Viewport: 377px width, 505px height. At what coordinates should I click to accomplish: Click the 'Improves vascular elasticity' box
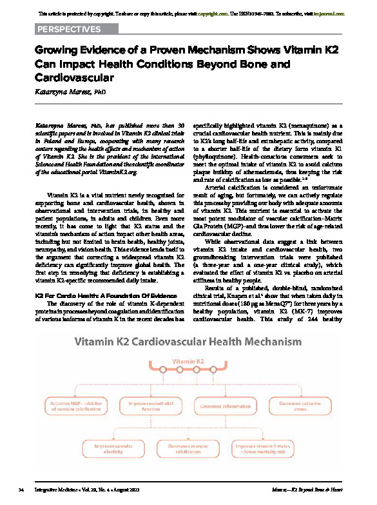tap(114, 448)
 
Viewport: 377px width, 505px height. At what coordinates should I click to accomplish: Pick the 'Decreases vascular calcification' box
tap(189, 448)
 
